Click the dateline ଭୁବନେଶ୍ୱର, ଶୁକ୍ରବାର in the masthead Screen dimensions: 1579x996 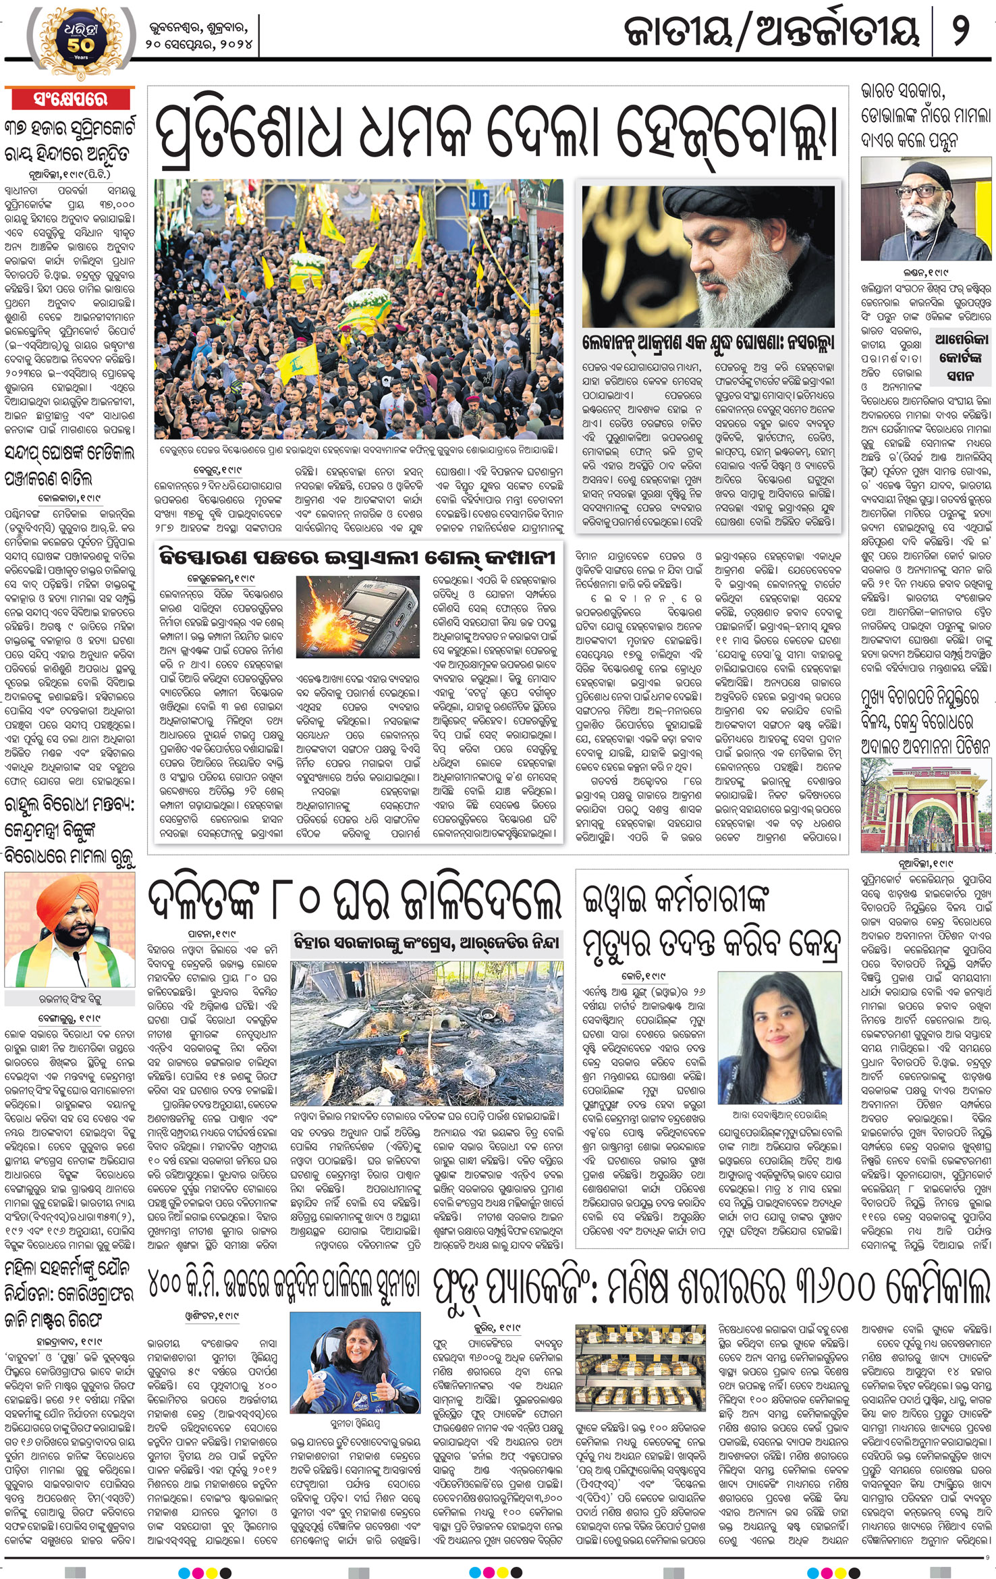pyautogui.click(x=198, y=28)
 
